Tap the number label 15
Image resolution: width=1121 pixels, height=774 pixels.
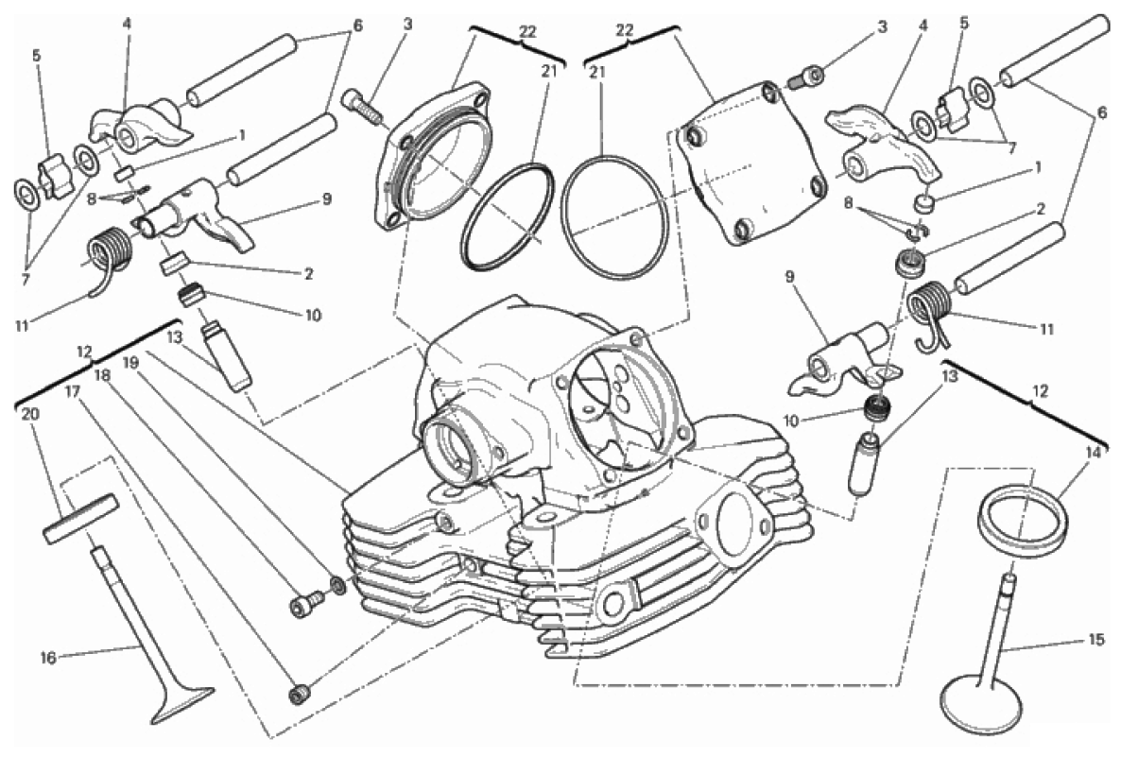[1096, 641]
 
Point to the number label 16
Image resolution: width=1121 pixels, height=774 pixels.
[48, 658]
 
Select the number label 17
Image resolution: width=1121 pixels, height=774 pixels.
[71, 391]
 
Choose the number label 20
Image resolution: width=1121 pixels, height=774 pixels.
[28, 414]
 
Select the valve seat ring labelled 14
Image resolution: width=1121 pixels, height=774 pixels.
[1023, 520]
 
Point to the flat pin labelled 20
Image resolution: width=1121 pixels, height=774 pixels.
[80, 518]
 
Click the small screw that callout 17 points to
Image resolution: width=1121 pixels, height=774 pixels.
[300, 694]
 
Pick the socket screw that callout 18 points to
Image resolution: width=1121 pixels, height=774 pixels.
[301, 606]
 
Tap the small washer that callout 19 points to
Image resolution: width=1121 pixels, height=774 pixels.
[336, 586]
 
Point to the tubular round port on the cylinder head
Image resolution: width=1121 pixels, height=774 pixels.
[457, 447]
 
